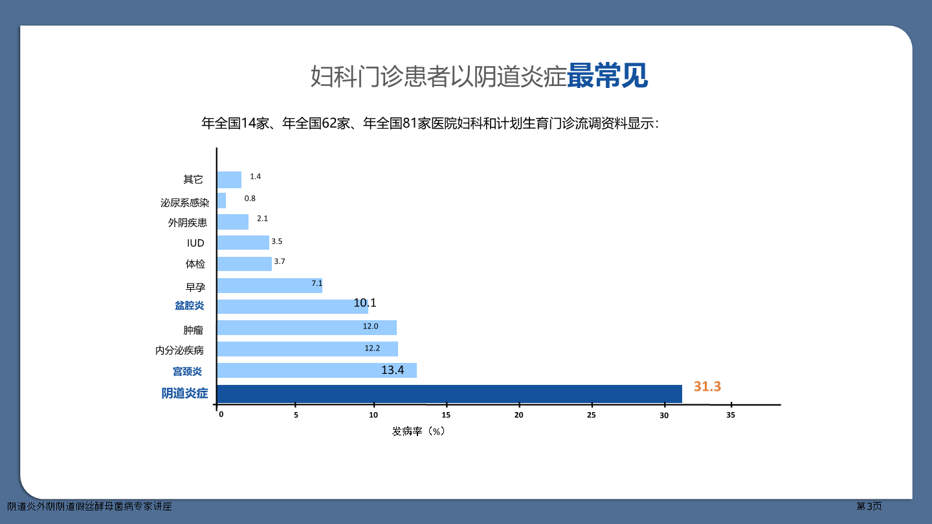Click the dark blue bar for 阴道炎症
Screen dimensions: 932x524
tap(449, 394)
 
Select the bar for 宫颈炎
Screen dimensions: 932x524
tap(316, 370)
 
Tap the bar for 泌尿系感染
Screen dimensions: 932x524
tap(221, 201)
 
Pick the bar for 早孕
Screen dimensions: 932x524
tap(270, 285)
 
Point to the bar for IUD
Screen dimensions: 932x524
tap(243, 243)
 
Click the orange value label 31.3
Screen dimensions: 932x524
tap(707, 386)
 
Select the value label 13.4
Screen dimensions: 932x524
tap(392, 370)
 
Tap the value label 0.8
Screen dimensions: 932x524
tap(250, 199)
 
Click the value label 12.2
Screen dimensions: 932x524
tap(372, 348)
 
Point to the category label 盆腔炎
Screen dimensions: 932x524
tap(189, 305)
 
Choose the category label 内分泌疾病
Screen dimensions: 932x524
tap(179, 350)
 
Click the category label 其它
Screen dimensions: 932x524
tap(193, 179)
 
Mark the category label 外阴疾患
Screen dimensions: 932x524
tap(187, 223)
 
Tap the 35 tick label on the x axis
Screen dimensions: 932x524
tap(731, 415)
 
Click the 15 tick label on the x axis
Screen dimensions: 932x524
tap(446, 415)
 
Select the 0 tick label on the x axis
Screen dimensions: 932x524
tap(221, 415)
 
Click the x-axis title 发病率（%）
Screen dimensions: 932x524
tap(419, 431)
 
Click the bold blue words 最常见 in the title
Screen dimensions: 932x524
tap(607, 76)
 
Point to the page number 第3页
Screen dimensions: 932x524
tap(869, 506)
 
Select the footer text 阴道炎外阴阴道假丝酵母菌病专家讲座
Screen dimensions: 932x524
tap(89, 506)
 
